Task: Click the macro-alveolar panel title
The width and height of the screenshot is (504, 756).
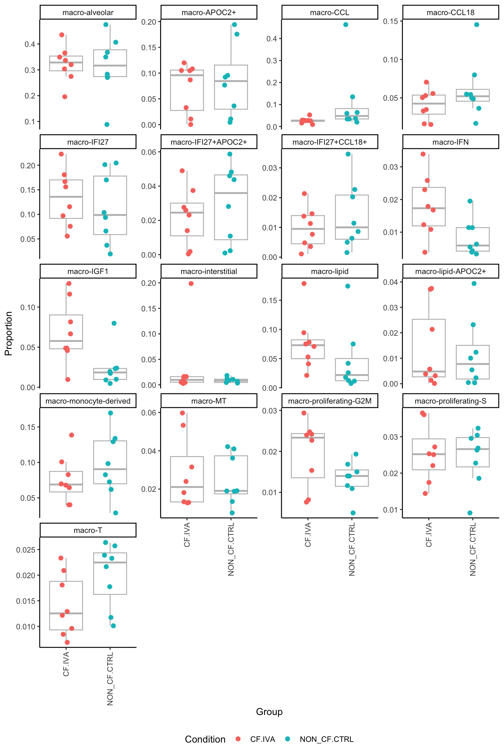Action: [88, 12]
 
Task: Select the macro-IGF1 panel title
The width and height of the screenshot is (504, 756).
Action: [88, 271]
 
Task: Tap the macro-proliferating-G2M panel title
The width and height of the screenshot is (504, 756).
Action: [330, 401]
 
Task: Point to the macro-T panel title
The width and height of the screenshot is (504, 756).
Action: [88, 530]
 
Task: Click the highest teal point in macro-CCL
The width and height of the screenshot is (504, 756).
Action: [346, 25]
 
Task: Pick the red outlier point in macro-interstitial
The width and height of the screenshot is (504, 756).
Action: [191, 283]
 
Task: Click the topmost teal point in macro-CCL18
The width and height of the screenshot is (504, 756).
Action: [477, 25]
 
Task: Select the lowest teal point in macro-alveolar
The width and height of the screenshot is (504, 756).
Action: [107, 124]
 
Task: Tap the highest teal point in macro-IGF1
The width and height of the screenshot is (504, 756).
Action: [114, 323]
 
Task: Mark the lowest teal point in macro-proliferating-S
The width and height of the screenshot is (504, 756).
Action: [470, 513]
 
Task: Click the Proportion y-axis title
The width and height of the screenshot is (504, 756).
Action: [9, 333]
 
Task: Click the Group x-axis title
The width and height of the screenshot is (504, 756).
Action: [269, 712]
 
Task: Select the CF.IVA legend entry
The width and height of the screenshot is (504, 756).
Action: [262, 739]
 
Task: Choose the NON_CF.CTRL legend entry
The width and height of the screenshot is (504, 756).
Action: [326, 739]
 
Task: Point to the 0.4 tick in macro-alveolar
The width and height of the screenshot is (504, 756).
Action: [30, 44]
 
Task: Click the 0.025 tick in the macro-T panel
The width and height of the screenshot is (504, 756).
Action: [26, 550]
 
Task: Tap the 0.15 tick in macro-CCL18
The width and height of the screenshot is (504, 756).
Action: [390, 21]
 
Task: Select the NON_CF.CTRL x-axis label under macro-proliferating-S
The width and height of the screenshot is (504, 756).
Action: [473, 549]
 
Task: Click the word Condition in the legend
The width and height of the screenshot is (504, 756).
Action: [205, 739]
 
